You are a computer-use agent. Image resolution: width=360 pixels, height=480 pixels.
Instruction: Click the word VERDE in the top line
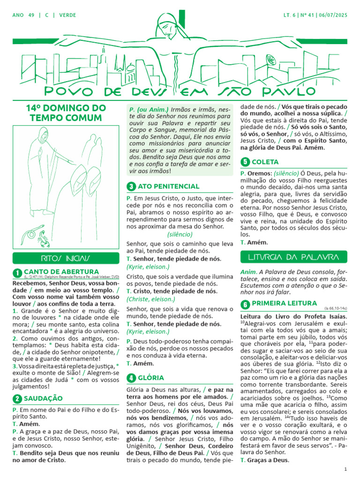[x=66, y=15]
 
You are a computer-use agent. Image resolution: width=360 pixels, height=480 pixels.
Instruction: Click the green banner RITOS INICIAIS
[x=65, y=258]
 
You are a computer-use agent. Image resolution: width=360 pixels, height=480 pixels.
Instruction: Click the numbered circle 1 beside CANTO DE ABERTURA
[x=17, y=273]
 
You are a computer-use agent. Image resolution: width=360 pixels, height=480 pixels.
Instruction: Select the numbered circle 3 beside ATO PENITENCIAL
[x=131, y=187]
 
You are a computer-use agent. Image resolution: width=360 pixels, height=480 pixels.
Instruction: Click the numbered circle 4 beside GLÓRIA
[x=131, y=378]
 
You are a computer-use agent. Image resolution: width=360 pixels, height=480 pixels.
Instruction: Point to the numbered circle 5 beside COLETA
[x=245, y=162]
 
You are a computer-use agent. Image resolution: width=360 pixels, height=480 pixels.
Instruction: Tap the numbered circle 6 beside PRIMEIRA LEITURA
[x=245, y=304]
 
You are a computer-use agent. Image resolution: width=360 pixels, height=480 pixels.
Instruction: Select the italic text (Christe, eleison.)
[x=148, y=299]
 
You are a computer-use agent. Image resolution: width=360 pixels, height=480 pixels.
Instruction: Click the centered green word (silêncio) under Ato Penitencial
[x=180, y=234]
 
